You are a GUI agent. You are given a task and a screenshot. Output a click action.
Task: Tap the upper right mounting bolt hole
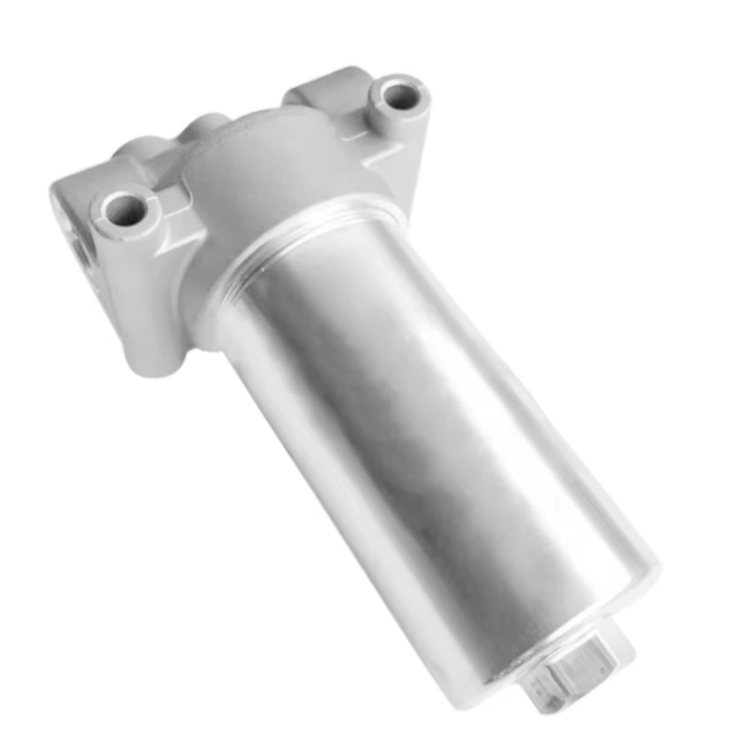coord(398,95)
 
